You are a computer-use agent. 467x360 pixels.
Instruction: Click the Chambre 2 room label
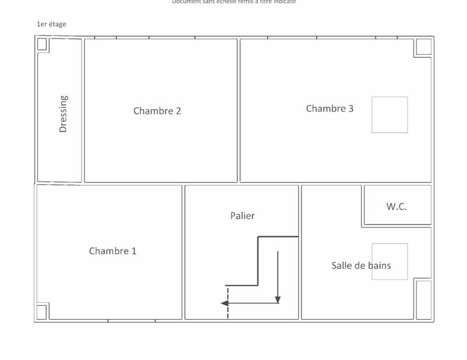[157, 111]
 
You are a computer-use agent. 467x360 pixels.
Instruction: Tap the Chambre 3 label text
[330, 109]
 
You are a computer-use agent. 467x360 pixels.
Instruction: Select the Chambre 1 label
[113, 251]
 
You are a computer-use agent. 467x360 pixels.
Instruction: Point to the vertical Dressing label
[63, 114]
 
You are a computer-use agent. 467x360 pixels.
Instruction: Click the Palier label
[242, 216]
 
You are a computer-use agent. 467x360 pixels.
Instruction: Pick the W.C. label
[396, 207]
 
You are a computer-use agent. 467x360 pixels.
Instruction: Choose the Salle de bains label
[361, 265]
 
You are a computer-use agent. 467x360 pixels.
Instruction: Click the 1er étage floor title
[51, 24]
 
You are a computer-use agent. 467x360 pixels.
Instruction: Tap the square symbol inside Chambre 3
[389, 115]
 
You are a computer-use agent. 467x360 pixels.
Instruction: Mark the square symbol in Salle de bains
[389, 261]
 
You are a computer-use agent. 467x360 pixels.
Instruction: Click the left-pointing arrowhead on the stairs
[224, 303]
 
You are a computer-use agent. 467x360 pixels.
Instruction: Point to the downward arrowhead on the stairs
[278, 299]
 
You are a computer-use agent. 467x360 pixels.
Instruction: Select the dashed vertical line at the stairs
[228, 303]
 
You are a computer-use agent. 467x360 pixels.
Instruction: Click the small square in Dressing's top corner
[42, 44]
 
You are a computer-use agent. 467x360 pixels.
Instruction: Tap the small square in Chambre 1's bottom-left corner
[42, 312]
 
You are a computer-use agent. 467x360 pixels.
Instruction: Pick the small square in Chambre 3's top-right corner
[423, 47]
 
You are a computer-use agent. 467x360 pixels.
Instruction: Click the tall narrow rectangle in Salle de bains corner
[423, 299]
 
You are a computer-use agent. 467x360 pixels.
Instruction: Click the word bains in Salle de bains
[379, 265]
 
